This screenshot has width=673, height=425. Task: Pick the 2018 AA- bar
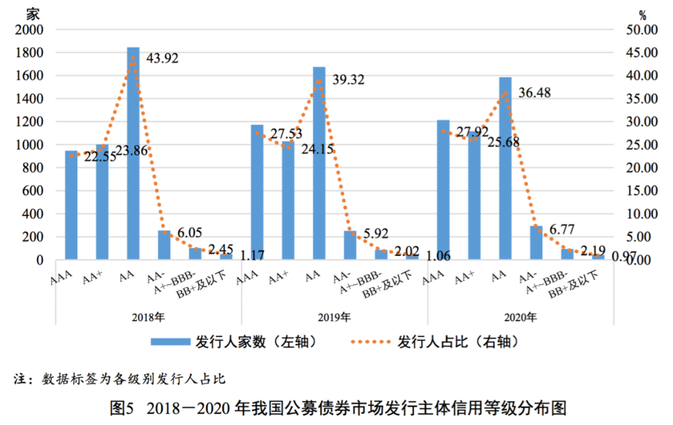coord(164,245)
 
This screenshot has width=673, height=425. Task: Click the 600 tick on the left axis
coord(32,191)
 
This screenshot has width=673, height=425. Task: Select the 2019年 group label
coord(334,316)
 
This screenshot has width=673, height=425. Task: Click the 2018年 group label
coord(148,316)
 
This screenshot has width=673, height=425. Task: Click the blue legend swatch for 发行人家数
coord(169,342)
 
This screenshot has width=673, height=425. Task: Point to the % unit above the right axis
coord(643,14)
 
